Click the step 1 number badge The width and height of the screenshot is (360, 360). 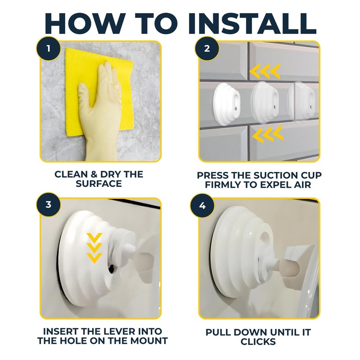click(x=48, y=49)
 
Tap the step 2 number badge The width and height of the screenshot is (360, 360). click(x=207, y=49)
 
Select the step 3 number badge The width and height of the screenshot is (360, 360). click(x=48, y=205)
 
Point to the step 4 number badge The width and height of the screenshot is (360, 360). click(x=202, y=206)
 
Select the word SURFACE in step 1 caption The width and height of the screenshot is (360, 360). click(x=99, y=184)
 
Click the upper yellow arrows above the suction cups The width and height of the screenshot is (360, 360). click(x=265, y=72)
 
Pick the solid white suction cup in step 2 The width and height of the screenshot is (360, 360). click(x=227, y=104)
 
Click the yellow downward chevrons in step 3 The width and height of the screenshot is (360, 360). click(x=94, y=248)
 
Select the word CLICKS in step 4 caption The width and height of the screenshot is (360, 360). click(x=258, y=342)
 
